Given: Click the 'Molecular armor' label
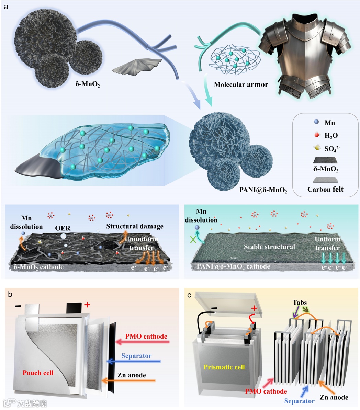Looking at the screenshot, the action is (x=241, y=84).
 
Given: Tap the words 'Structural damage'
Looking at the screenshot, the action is (x=135, y=226).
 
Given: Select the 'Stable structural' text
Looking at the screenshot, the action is (x=269, y=247).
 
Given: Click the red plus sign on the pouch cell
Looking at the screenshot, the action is (x=87, y=304).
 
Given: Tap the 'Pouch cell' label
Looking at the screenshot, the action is (x=38, y=373).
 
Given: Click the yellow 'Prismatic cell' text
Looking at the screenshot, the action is (x=224, y=367).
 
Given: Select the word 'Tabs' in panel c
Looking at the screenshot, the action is (x=300, y=303).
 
